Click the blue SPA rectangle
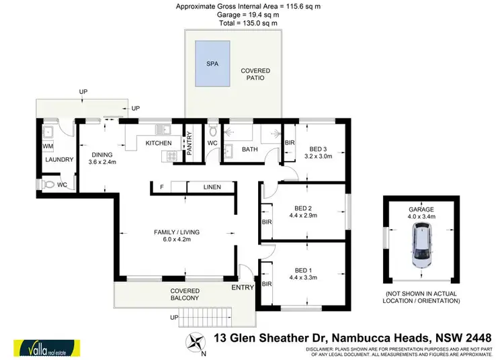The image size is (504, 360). [x=212, y=64]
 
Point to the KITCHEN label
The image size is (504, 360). [x=159, y=143]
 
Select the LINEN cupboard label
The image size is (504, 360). [x=212, y=187]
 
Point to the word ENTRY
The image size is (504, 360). [x=241, y=287]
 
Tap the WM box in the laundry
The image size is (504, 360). [x=48, y=146]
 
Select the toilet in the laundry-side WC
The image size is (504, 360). [x=46, y=185]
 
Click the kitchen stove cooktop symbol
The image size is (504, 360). [x=166, y=156]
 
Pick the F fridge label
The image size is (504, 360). [x=162, y=187]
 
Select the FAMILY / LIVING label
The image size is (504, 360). [x=177, y=232]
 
